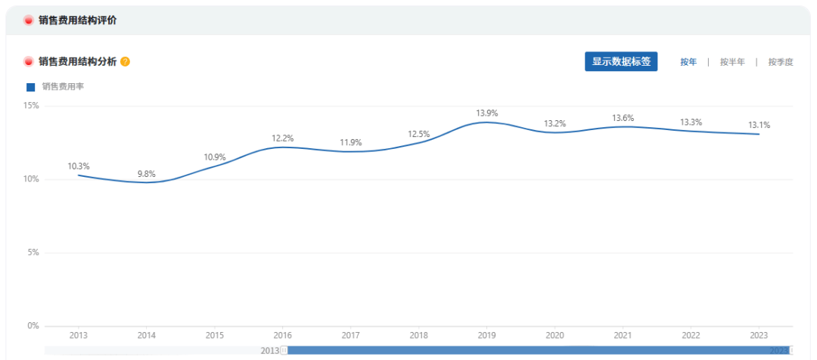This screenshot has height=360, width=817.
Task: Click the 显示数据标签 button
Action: tap(621, 62)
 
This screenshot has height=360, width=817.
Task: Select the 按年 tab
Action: tap(688, 62)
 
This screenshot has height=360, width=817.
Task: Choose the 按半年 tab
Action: tap(732, 62)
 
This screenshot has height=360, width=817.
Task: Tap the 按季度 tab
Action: tap(781, 62)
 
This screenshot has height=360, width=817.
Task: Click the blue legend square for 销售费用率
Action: tap(31, 87)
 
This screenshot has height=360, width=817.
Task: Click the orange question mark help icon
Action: tap(126, 61)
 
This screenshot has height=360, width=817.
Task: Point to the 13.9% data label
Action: tap(487, 113)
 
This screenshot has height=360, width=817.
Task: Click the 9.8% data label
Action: tap(147, 174)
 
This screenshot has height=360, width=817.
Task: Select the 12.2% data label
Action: tap(283, 138)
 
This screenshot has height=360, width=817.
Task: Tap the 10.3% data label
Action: tap(79, 166)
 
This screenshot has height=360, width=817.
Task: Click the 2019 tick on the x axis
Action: tap(487, 334)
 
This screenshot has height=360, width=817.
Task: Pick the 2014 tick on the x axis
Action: tap(147, 334)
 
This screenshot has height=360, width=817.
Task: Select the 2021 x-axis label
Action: tap(623, 334)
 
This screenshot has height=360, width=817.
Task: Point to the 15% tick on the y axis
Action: tap(31, 106)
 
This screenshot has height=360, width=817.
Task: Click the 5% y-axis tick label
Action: tap(33, 253)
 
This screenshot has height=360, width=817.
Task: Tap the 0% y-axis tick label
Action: tap(33, 326)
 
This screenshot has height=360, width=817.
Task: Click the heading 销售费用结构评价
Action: tap(77, 20)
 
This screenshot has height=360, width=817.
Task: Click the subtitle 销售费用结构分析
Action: tap(77, 62)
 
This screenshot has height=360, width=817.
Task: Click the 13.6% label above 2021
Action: tap(623, 118)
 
